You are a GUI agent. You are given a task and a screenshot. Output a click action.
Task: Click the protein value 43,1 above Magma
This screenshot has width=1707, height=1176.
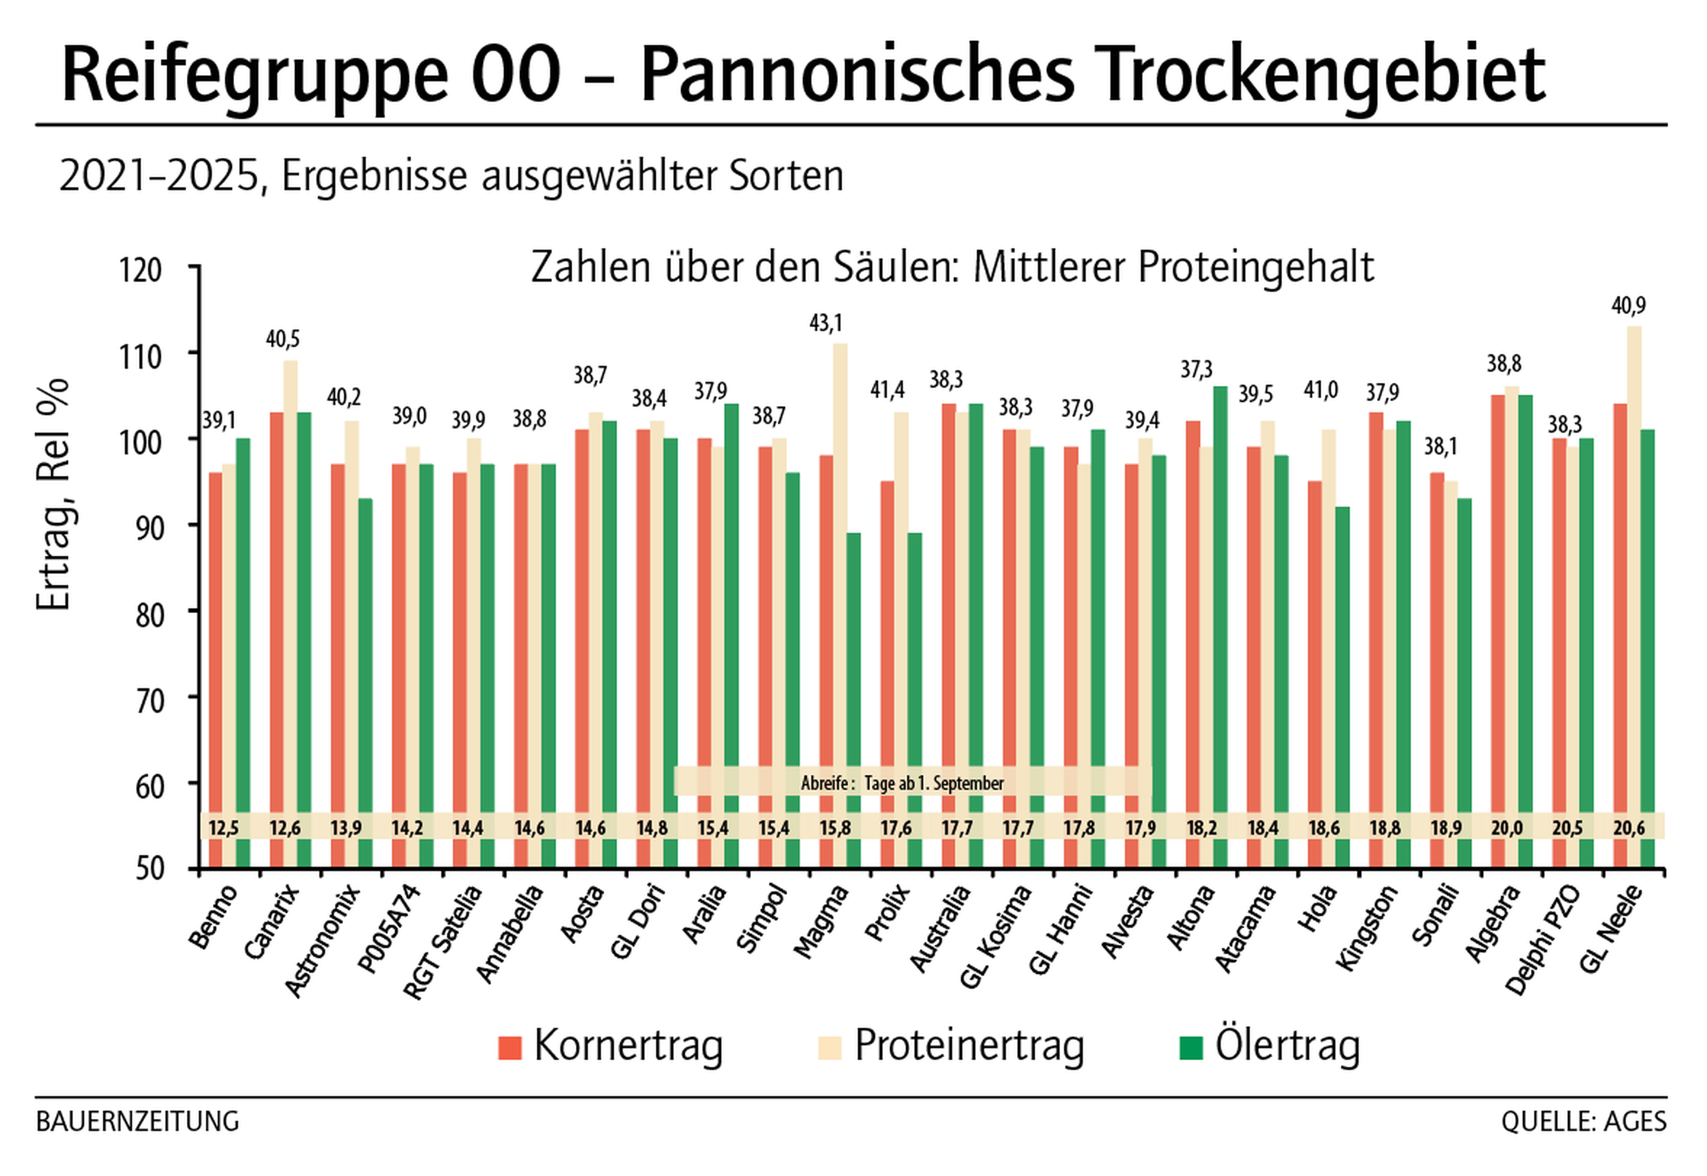point(825,323)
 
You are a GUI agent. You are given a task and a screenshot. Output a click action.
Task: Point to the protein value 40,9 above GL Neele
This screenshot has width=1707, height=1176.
point(1628,305)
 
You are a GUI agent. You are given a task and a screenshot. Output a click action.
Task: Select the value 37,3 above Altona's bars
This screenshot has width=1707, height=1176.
point(1196,369)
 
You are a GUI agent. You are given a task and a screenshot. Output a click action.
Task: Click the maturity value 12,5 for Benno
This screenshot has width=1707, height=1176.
point(223,828)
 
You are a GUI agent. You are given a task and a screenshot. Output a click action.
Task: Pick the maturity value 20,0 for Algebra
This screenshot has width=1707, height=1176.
point(1506,828)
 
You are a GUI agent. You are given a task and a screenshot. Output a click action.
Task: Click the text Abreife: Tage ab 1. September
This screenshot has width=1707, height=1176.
point(902,783)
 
